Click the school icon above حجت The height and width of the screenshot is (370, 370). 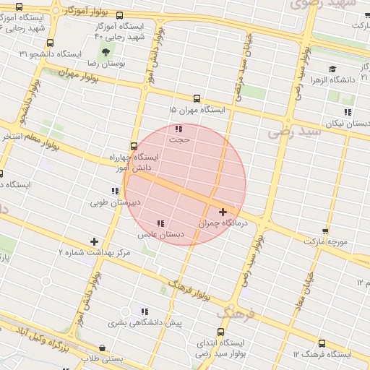click(x=178, y=129)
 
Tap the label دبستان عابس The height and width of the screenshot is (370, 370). click(x=160, y=234)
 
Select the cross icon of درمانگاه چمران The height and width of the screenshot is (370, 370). click(x=223, y=212)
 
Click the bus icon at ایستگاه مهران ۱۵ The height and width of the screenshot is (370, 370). click(x=197, y=98)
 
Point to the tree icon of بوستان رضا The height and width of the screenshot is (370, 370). click(x=106, y=52)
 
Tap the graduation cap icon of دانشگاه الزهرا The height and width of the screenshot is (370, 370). click(x=332, y=69)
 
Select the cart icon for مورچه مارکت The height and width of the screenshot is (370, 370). click(x=325, y=231)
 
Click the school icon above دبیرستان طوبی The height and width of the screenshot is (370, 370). click(x=115, y=191)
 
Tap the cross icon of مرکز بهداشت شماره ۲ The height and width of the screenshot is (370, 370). click(x=93, y=241)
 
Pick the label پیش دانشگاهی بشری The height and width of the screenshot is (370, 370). click(x=145, y=322)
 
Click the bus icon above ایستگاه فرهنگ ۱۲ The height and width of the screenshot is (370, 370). click(x=322, y=343)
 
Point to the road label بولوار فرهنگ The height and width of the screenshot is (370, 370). click(x=192, y=288)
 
